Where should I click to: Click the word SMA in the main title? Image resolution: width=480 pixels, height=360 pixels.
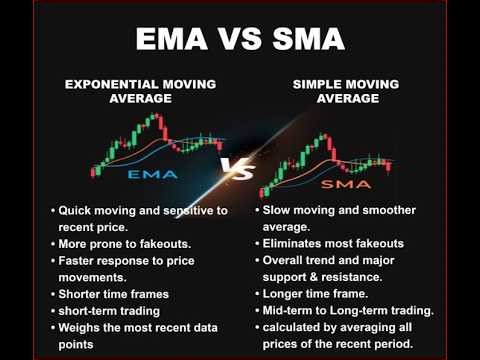pos(305,41)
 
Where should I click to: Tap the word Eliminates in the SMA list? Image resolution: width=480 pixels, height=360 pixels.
pos(297,242)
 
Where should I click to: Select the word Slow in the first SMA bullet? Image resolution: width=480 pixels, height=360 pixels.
pos(281,211)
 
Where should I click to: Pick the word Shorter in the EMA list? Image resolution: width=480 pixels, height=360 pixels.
pos(86,295)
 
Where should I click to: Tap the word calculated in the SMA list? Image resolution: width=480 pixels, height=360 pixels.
pos(298,327)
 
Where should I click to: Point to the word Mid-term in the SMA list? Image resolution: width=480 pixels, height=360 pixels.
pos(292,311)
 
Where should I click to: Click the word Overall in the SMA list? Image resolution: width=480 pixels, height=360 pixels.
pos(288,259)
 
